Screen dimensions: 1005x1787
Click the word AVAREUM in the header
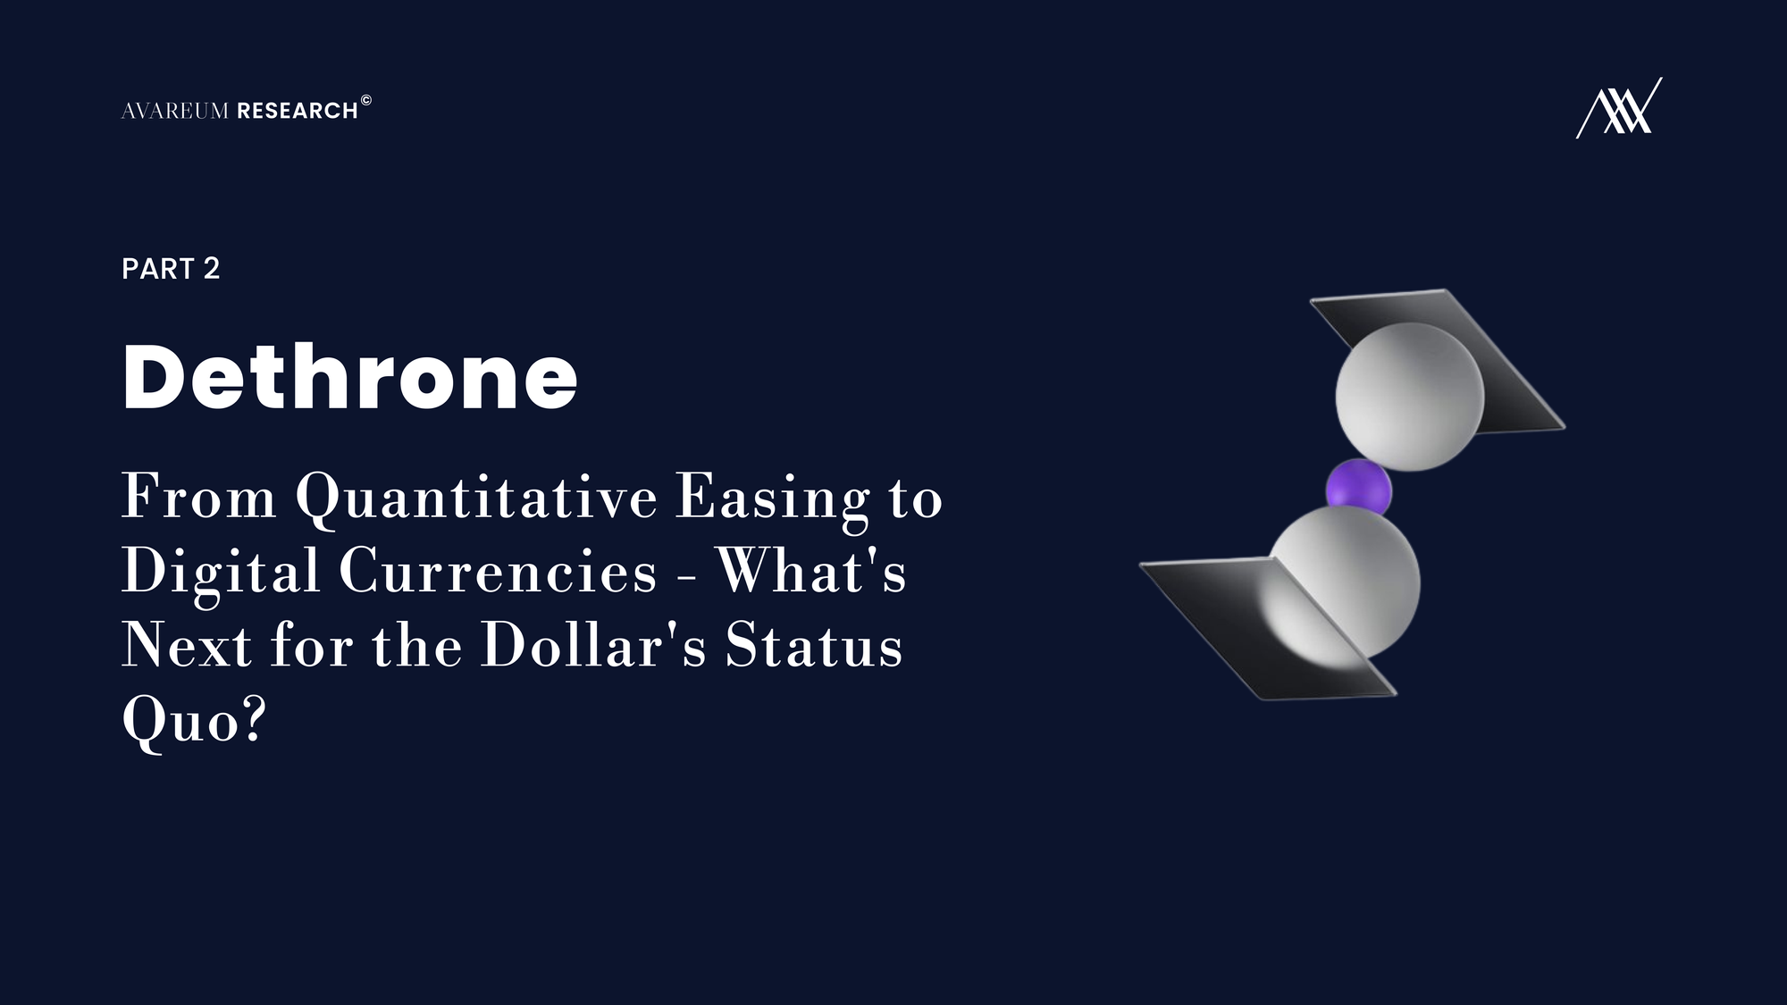tap(175, 111)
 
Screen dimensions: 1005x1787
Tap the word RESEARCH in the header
tap(298, 111)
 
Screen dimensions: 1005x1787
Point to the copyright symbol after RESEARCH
tap(365, 100)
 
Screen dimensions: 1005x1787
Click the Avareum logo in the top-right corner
tap(1619, 108)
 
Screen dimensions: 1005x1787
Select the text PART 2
tap(171, 269)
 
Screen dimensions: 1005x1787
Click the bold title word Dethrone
tap(350, 377)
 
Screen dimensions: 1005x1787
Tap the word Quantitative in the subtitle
tap(476, 498)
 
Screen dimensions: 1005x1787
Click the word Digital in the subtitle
tap(221, 572)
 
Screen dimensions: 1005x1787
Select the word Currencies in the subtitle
tap(498, 572)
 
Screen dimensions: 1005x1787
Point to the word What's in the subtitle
tap(811, 572)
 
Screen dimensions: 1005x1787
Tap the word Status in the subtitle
tap(813, 645)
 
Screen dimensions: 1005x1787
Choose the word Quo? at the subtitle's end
tap(194, 719)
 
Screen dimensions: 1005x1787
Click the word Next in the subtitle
tap(187, 645)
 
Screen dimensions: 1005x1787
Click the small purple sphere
tap(1358, 490)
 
